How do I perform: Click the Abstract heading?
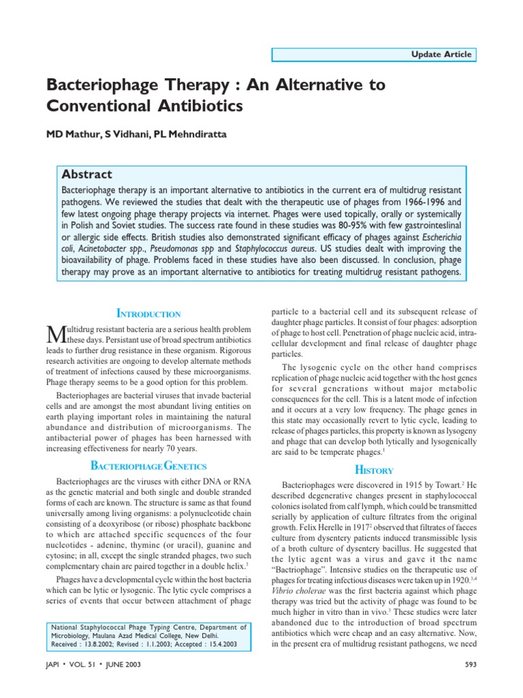tap(86, 174)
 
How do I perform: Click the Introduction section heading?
tap(149, 314)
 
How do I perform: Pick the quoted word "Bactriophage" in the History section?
tap(302, 570)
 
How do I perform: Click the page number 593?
tap(471, 665)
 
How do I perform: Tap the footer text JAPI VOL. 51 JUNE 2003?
tap(94, 665)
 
